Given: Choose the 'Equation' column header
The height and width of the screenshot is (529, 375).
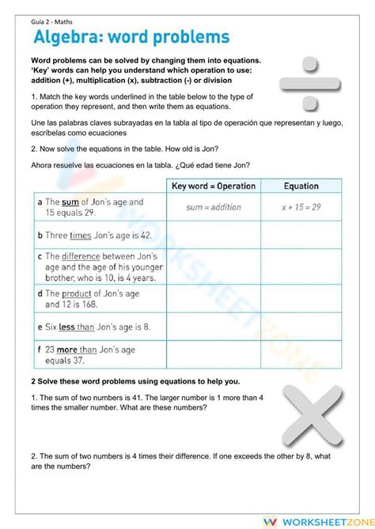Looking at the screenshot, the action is pos(301,187).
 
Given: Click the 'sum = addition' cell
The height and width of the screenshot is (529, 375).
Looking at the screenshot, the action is pos(214,207).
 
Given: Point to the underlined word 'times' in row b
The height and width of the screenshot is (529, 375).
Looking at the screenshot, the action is pos(81,236).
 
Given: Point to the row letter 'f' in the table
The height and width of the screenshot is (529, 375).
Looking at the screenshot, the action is pos(40,349).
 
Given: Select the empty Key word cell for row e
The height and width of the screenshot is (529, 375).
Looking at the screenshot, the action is pos(214,326).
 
